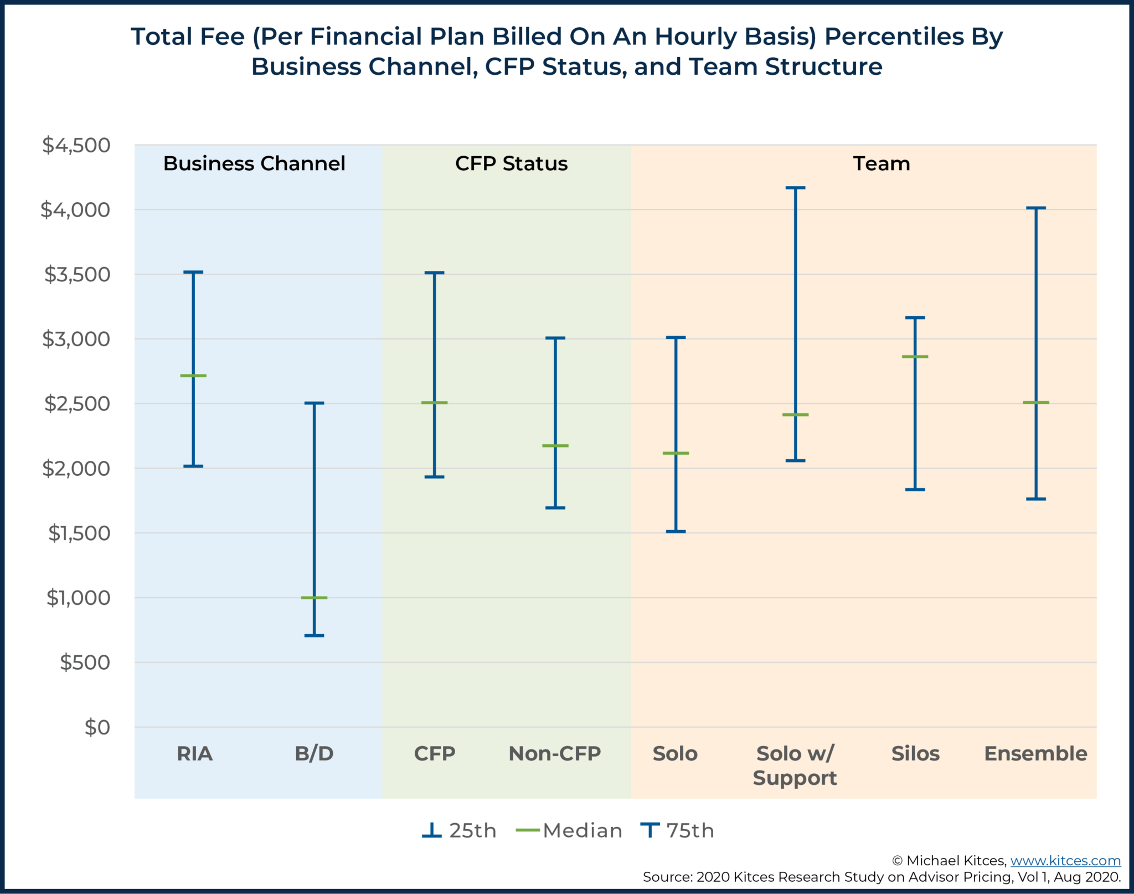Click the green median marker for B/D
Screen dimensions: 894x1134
(x=314, y=598)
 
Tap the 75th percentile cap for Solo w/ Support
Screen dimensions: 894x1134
(x=795, y=188)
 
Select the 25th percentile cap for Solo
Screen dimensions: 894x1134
(x=676, y=531)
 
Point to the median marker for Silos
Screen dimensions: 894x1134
(x=915, y=357)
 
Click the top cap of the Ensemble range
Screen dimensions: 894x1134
(x=1035, y=208)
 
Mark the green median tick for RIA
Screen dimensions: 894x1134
(x=193, y=376)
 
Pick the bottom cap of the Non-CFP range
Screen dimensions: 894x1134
(x=555, y=507)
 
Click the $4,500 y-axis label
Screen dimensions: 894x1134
(x=76, y=145)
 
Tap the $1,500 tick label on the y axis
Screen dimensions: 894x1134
(x=79, y=533)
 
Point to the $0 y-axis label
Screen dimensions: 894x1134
(x=97, y=727)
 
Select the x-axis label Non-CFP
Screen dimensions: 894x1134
(x=555, y=753)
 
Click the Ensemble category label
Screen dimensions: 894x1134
(x=1035, y=753)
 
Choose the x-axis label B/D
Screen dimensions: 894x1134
(x=314, y=753)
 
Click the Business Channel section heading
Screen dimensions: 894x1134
(x=254, y=164)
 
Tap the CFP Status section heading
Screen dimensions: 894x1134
(x=511, y=164)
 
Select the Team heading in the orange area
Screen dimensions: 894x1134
(x=882, y=164)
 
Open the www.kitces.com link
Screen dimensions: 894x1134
(x=1065, y=861)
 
